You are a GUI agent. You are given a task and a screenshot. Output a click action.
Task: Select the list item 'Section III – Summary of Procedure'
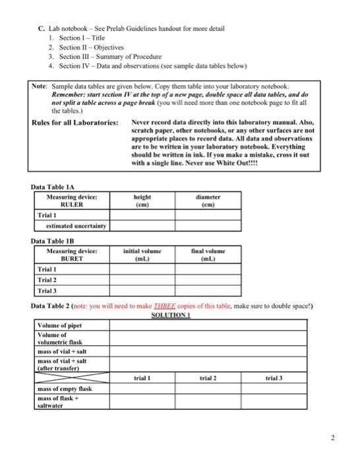[x=96, y=57]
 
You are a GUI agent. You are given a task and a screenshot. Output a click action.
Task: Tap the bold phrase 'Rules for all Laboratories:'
[x=75, y=123]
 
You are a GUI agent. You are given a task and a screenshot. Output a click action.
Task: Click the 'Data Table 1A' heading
[x=52, y=187]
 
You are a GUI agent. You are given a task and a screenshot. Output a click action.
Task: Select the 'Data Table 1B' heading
[x=52, y=242]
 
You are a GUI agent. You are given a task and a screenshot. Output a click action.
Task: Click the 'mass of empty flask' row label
[x=65, y=389]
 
